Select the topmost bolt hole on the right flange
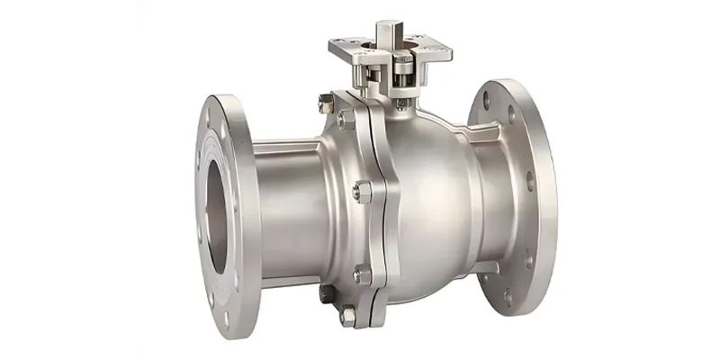coord(492,92)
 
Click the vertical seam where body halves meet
coord(383,207)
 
